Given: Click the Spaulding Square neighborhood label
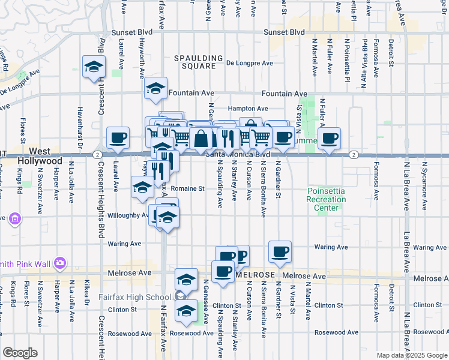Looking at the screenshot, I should coord(194,62).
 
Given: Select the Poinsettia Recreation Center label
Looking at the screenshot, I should coord(326,199).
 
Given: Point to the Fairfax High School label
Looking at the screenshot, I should coord(136,297).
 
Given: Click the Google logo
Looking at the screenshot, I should coord(20,353).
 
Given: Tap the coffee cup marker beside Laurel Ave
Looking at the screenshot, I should coord(118,138).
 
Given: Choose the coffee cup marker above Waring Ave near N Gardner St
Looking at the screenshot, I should coord(279,251).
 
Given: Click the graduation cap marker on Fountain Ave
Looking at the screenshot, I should coord(155,88).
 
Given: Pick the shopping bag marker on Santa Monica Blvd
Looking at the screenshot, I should coord(201,138).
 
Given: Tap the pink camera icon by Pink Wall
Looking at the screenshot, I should coord(59,262).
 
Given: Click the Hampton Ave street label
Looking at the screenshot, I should coord(248,109).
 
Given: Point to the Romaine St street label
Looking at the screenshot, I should coord(191,188).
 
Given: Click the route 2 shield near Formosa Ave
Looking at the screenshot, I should coord(354,155).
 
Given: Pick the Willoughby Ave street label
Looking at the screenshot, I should coord(130,215).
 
